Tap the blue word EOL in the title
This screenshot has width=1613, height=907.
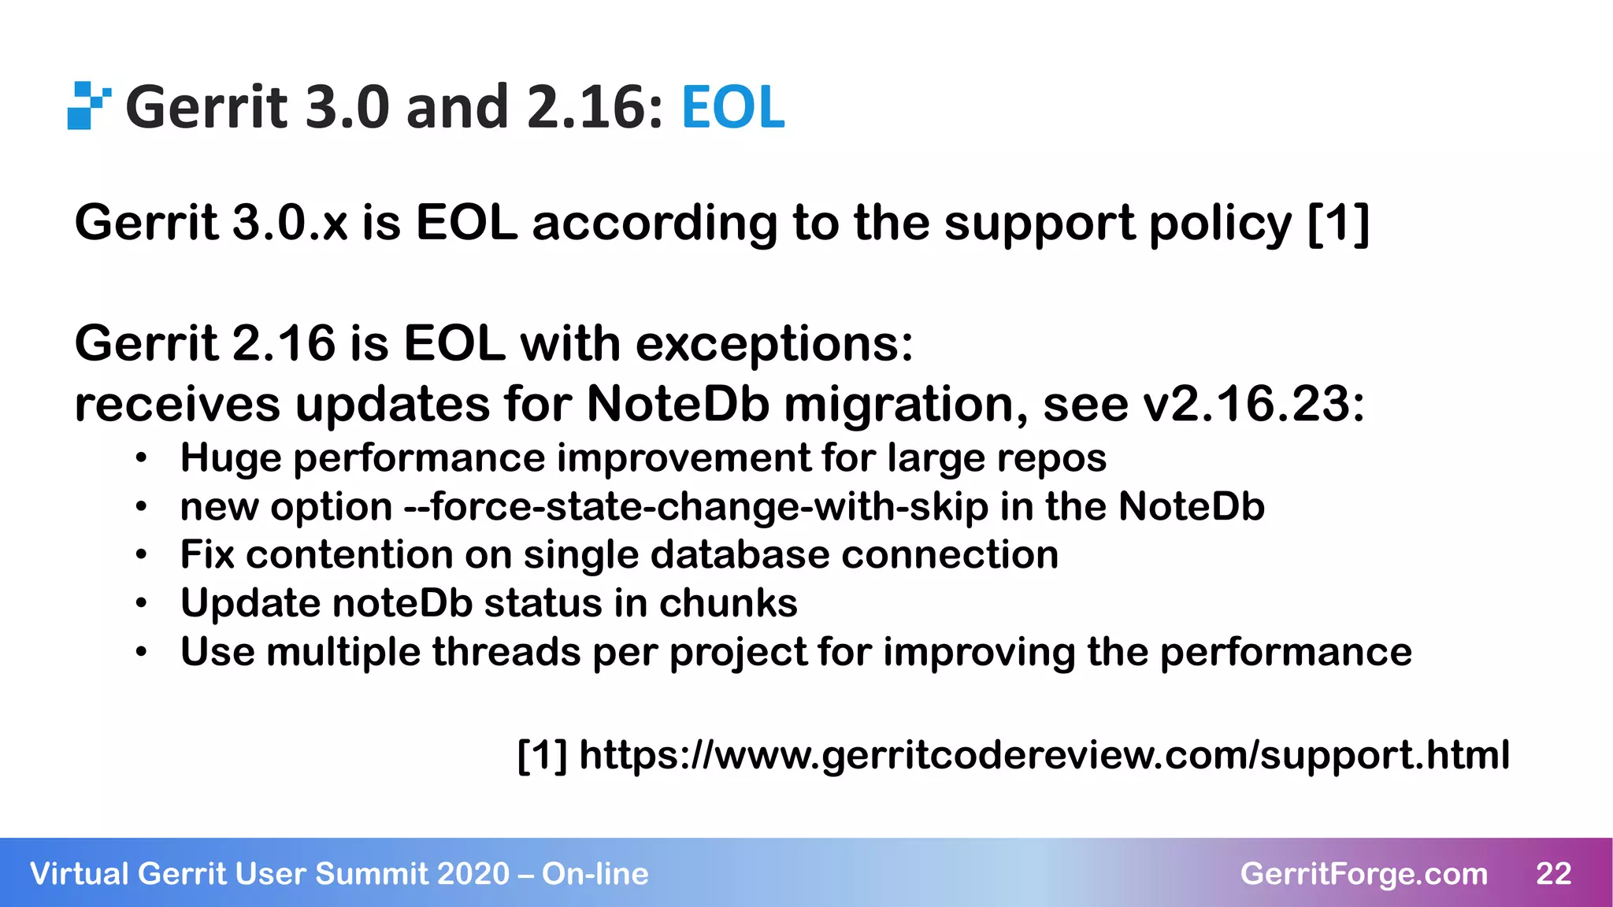[732, 108]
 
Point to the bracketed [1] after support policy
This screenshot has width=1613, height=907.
[1338, 224]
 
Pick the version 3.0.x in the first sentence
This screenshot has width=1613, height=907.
[291, 223]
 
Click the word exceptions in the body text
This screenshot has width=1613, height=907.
[773, 344]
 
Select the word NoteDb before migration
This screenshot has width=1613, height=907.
[677, 405]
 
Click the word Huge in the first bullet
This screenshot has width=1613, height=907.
[230, 458]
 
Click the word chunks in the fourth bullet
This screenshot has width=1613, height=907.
[728, 604]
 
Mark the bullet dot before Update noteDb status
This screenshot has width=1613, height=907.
[141, 604]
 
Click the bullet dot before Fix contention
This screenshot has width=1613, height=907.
[141, 555]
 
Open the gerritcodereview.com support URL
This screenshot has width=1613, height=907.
[1044, 755]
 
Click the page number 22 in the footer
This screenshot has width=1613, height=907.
[1553, 874]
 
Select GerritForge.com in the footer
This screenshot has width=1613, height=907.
[1363, 874]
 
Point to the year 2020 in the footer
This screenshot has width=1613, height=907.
[473, 874]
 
